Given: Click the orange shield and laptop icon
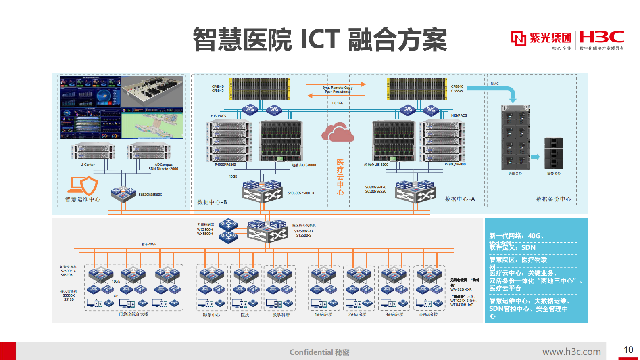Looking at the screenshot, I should click(x=83, y=185).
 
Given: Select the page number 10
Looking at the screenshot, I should click(x=628, y=350).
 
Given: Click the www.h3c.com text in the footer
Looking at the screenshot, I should click(x=571, y=352).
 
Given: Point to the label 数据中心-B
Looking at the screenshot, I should click(x=212, y=202).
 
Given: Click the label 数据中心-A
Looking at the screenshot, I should click(x=460, y=199).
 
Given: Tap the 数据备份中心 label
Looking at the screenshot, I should click(x=553, y=199).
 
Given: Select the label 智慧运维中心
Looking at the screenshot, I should click(x=83, y=199).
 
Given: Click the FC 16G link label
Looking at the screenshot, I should click(x=338, y=103).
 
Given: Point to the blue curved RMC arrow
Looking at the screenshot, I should click(x=496, y=91).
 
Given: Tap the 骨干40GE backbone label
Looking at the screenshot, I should click(x=149, y=244).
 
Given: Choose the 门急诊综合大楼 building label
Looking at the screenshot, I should click(x=133, y=314).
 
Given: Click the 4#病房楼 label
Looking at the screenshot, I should click(x=428, y=314).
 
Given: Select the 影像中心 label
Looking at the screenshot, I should click(x=211, y=315).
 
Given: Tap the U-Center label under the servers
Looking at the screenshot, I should click(x=88, y=165).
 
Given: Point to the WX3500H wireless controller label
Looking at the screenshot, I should click(x=205, y=230).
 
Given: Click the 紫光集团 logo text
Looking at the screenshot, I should click(x=550, y=38).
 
